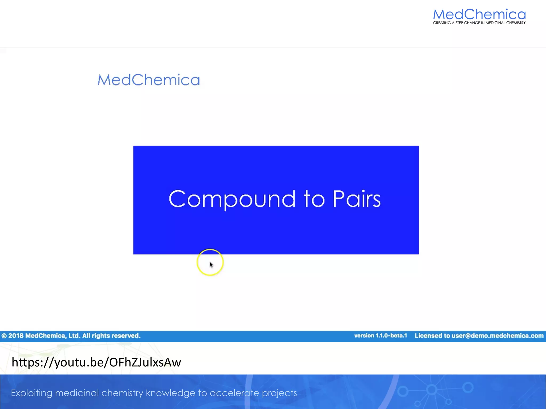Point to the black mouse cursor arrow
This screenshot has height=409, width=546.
tap(211, 265)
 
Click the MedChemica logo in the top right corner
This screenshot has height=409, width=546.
tap(479, 14)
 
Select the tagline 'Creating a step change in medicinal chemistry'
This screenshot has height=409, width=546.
tap(479, 23)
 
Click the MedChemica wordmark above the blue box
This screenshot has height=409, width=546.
tap(149, 80)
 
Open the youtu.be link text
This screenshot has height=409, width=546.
tap(96, 362)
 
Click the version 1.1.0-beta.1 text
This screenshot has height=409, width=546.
tap(380, 336)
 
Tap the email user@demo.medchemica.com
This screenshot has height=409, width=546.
tap(497, 336)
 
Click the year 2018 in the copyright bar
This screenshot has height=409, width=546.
tap(16, 336)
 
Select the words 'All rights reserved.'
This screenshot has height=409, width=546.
tap(111, 336)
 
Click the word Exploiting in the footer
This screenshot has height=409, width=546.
tap(31, 393)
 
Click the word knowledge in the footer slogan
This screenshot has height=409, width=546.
tap(171, 393)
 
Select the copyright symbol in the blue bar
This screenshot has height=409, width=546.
tap(4, 336)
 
